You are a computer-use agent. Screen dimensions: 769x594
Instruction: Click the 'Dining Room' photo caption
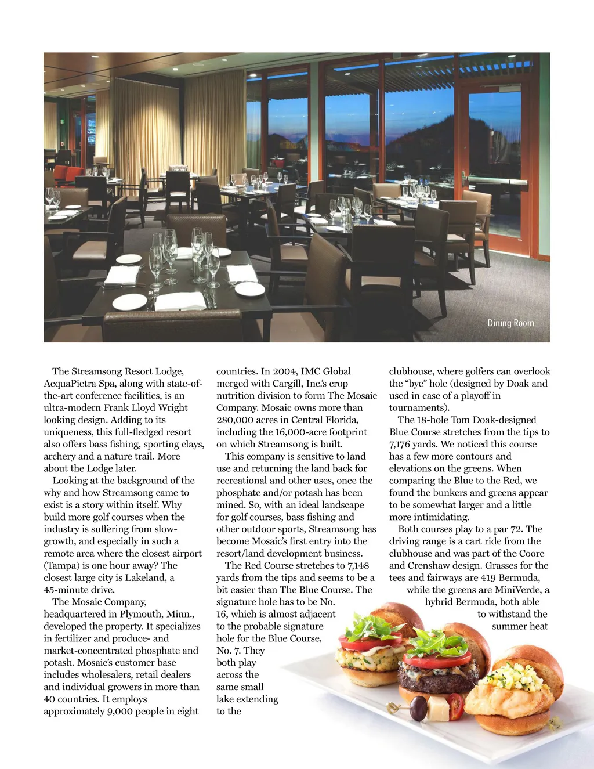click(x=510, y=323)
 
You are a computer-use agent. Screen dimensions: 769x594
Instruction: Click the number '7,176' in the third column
click(x=402, y=445)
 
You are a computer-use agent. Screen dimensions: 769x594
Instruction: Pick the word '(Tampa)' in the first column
click(x=59, y=565)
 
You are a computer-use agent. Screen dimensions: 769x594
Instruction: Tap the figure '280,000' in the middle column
click(x=234, y=420)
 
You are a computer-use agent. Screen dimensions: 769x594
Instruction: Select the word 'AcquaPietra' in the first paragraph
click(x=69, y=384)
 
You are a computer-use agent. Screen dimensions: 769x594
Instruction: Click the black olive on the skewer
click(x=417, y=706)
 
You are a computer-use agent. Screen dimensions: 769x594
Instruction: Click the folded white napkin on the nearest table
click(x=180, y=301)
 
